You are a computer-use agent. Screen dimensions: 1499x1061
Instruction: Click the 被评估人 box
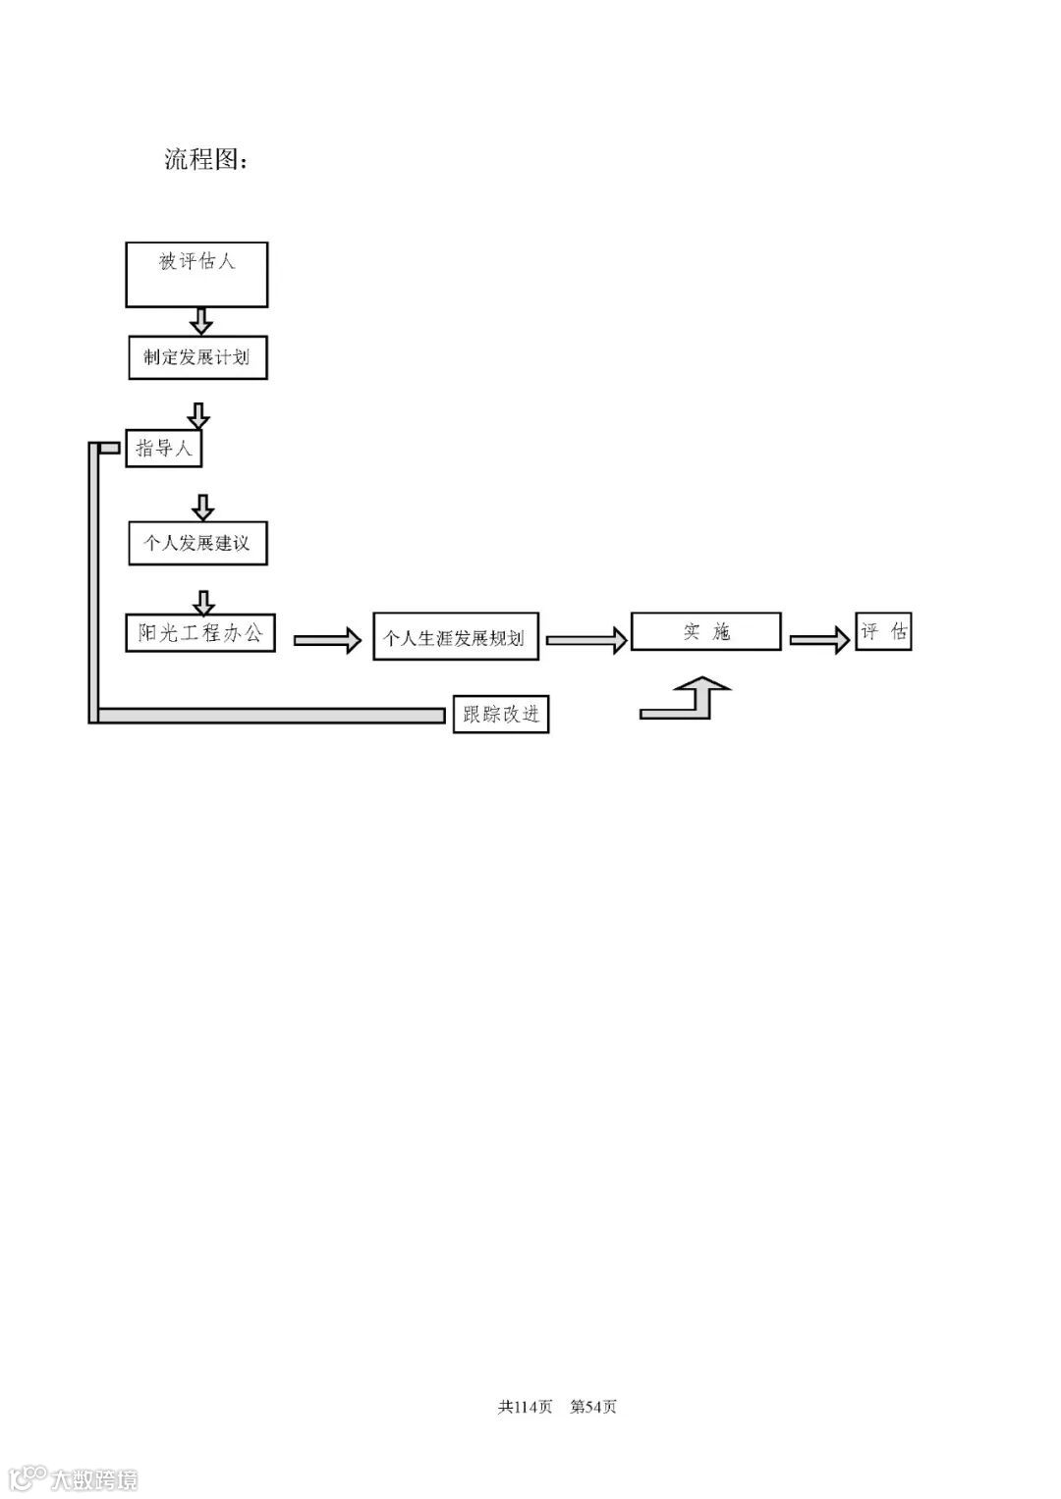click(196, 275)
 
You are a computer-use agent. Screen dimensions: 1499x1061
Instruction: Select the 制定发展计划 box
click(197, 357)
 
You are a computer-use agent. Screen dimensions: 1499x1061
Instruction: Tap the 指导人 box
click(163, 449)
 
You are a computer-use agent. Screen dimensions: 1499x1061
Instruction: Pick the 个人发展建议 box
click(197, 543)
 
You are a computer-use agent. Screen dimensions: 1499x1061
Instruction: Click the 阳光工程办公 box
click(200, 633)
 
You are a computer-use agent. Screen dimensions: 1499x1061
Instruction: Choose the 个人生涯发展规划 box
click(456, 638)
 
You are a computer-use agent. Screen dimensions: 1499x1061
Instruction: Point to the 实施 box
click(705, 631)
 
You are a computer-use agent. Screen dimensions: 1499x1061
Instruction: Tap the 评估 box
click(882, 631)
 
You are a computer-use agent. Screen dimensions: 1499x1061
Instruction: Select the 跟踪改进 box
click(500, 714)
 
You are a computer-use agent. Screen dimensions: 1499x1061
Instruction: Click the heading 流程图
click(205, 159)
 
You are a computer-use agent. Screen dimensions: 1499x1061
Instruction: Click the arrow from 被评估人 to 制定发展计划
click(200, 321)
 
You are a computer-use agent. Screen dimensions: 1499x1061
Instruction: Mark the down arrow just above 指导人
click(198, 415)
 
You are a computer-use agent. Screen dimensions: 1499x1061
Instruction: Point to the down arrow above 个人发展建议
click(202, 508)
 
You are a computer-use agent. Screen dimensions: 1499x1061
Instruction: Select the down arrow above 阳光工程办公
click(203, 602)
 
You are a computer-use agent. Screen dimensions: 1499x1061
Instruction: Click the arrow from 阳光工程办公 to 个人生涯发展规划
click(328, 640)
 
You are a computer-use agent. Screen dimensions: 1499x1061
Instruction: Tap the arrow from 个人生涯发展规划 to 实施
click(586, 640)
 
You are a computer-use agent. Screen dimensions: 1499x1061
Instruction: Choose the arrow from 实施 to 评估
click(820, 640)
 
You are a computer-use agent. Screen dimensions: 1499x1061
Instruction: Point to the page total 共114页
click(526, 1407)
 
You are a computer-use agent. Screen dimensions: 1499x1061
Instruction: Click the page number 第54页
click(593, 1407)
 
